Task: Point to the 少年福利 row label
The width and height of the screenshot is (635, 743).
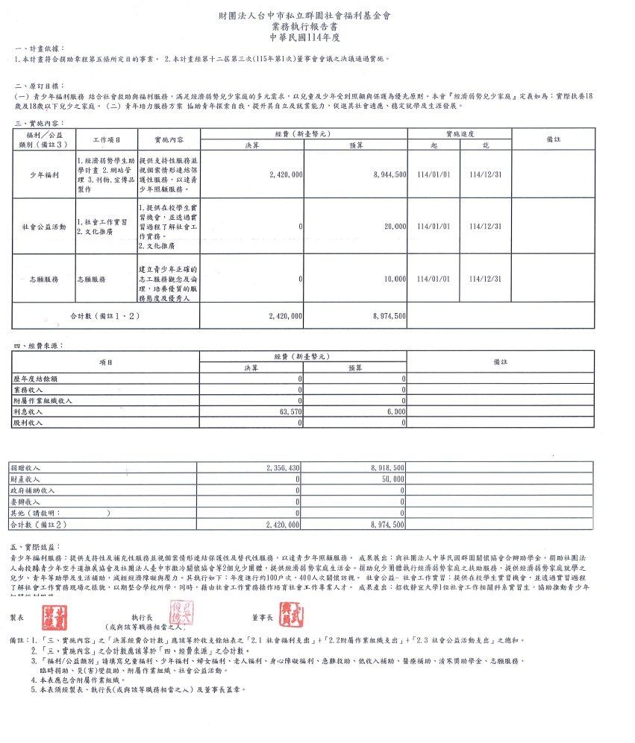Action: click(x=43, y=174)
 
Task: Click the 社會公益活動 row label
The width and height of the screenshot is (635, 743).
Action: click(x=43, y=226)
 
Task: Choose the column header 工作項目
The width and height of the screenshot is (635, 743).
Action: click(x=105, y=139)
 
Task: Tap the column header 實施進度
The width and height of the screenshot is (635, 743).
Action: click(x=459, y=133)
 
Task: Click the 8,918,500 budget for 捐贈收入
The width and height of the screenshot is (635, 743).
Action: click(x=388, y=467)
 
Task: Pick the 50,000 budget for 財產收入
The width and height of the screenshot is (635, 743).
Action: click(x=392, y=479)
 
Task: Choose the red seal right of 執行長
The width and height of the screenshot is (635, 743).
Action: click(x=182, y=615)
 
